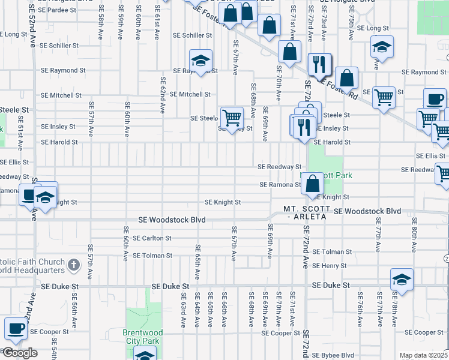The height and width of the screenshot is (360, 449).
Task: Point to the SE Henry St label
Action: coord(330,266)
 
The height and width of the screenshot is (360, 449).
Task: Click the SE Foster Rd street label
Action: coord(340,88)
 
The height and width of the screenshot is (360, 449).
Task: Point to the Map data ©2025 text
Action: coord(423,355)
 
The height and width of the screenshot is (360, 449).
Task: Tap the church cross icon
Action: coord(73,264)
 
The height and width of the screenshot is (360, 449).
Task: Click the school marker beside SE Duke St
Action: coord(402,280)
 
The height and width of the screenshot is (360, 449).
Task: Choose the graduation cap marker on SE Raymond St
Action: coord(201,60)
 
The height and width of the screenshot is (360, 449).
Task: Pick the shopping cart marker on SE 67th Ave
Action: coord(232,118)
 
